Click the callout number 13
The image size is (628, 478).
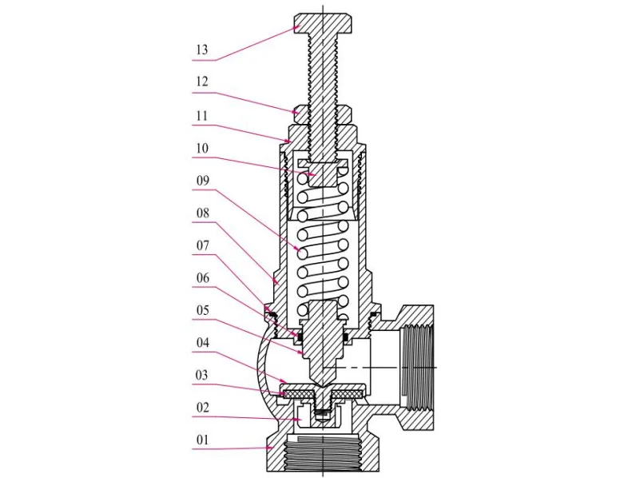(201, 50)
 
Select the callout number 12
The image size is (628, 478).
(201, 82)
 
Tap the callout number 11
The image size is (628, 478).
(201, 116)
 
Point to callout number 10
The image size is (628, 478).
(201, 148)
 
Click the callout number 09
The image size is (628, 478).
(201, 181)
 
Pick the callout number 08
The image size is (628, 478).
(201, 213)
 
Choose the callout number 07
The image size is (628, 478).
(201, 245)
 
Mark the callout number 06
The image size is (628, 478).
(201, 277)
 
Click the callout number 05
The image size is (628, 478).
(201, 310)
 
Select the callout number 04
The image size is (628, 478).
(201, 342)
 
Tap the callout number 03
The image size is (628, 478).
(201, 374)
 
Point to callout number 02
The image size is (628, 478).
(201, 407)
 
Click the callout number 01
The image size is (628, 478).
(201, 439)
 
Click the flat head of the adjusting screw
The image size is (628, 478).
(324, 22)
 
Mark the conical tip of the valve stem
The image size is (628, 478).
(324, 370)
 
